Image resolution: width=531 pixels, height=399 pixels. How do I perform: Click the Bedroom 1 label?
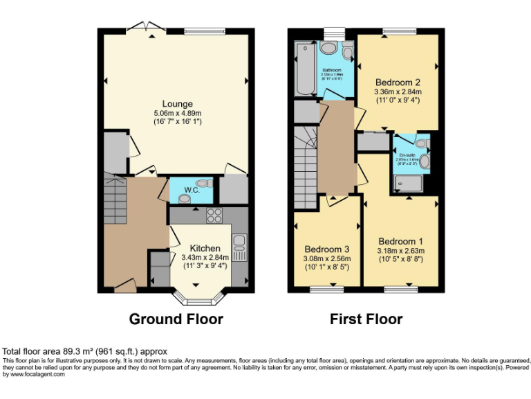click(400, 242)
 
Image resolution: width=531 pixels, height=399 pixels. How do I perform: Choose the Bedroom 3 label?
click(326, 249)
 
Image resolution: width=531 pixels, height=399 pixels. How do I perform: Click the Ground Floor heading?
click(176, 319)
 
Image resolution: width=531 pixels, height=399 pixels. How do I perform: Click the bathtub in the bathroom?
click(304, 69)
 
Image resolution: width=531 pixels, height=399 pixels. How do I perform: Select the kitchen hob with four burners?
click(214, 215)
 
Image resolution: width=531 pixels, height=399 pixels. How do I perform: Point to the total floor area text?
click(85, 352)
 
